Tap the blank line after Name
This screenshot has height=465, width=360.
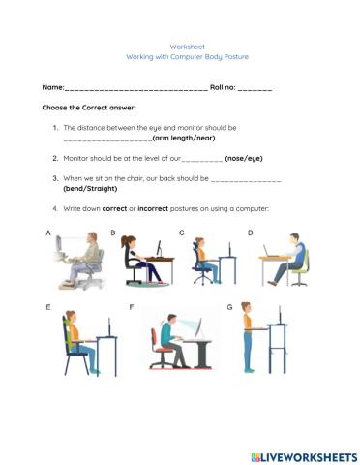tap(135, 89)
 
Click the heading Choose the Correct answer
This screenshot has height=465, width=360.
tap(88, 108)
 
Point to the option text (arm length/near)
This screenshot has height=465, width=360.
tap(188, 138)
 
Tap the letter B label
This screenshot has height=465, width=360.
tap(113, 233)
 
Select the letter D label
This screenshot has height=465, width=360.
tap(250, 233)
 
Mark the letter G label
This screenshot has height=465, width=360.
tap(229, 307)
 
